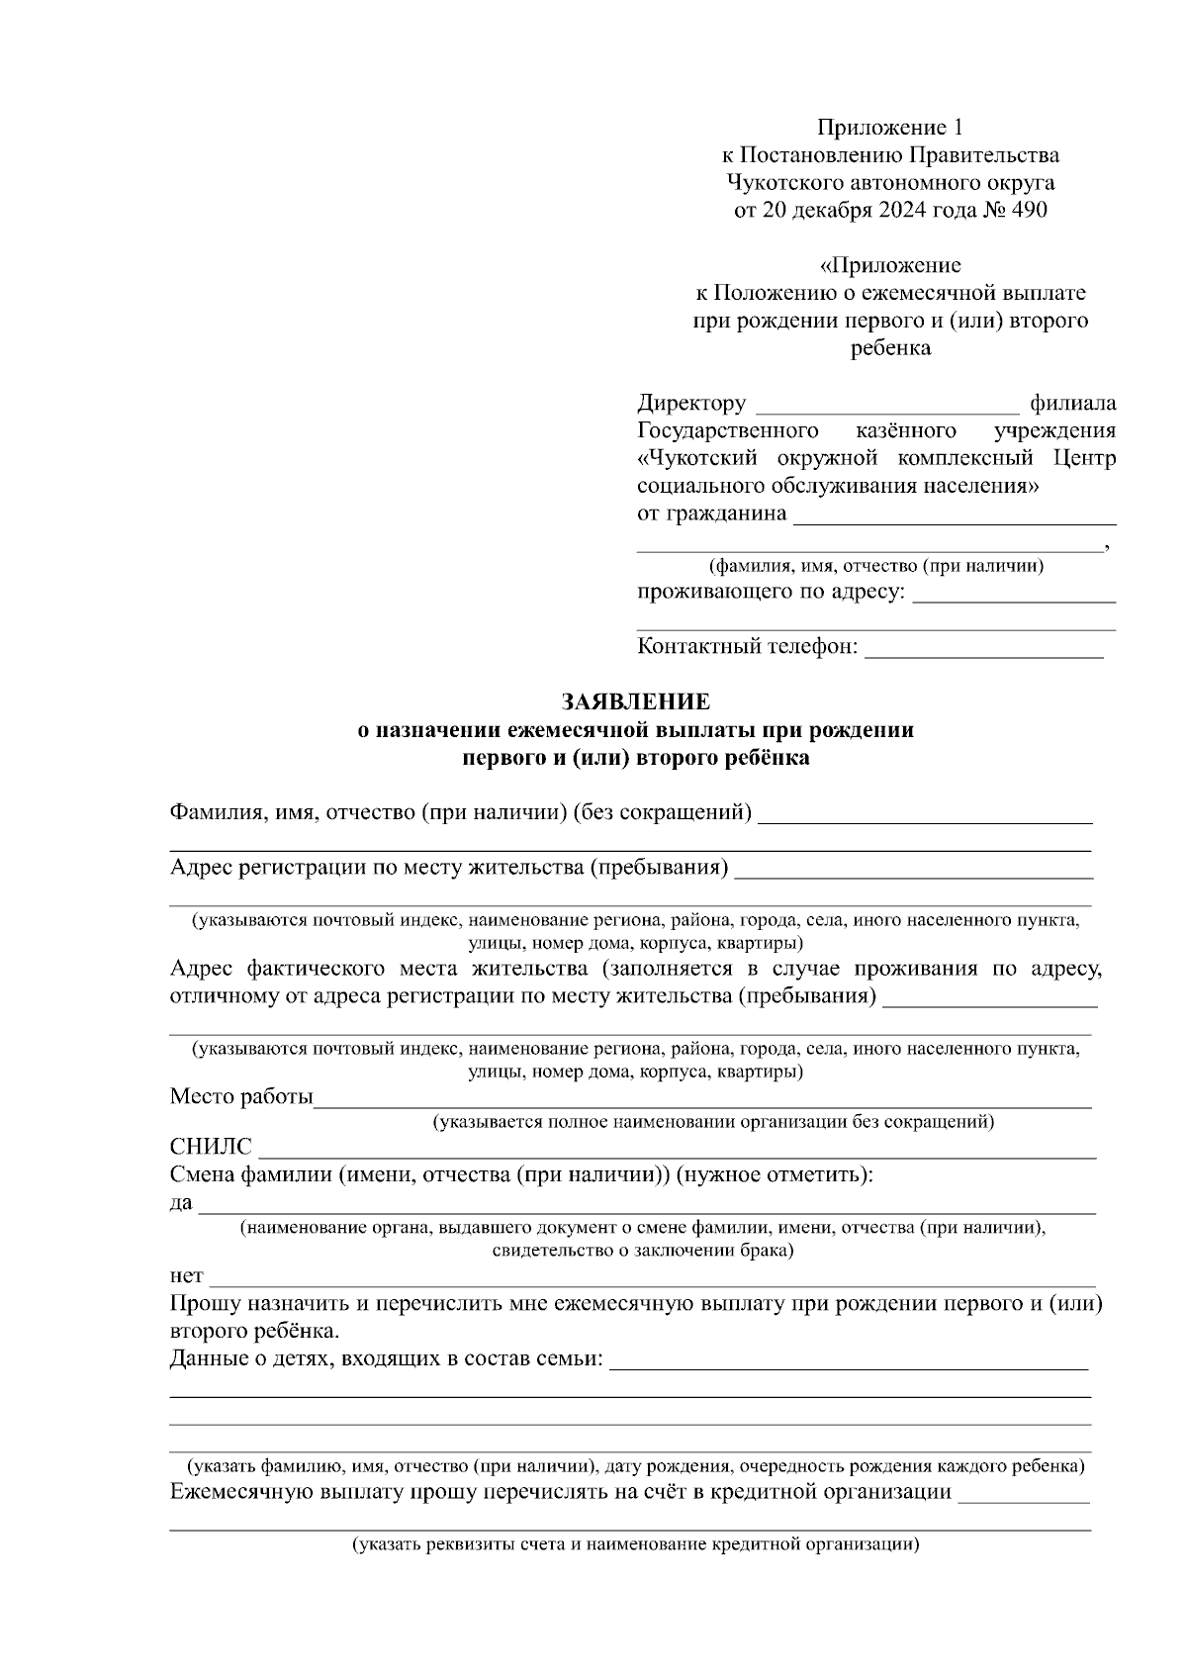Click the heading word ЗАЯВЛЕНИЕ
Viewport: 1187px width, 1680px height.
pos(636,701)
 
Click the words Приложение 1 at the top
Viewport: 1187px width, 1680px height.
pos(889,127)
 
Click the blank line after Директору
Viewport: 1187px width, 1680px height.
pos(886,406)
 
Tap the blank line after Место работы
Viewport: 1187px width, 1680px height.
pos(702,1100)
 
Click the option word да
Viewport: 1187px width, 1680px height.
pos(181,1203)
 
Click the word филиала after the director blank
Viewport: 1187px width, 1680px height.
pos(1072,403)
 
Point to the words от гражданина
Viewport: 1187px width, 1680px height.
pos(712,513)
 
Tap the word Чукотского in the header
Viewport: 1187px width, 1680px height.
pos(776,182)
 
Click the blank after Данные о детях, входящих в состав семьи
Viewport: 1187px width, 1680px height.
pos(849,1362)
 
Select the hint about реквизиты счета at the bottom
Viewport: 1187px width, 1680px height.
pos(636,1544)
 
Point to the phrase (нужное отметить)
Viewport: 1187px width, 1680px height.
pos(775,1174)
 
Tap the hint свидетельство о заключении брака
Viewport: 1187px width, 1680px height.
pos(642,1250)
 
